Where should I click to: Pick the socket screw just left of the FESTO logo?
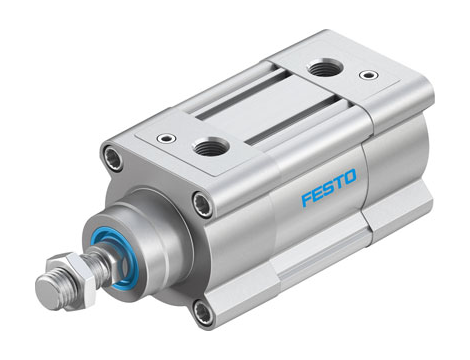pos(203,205)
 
